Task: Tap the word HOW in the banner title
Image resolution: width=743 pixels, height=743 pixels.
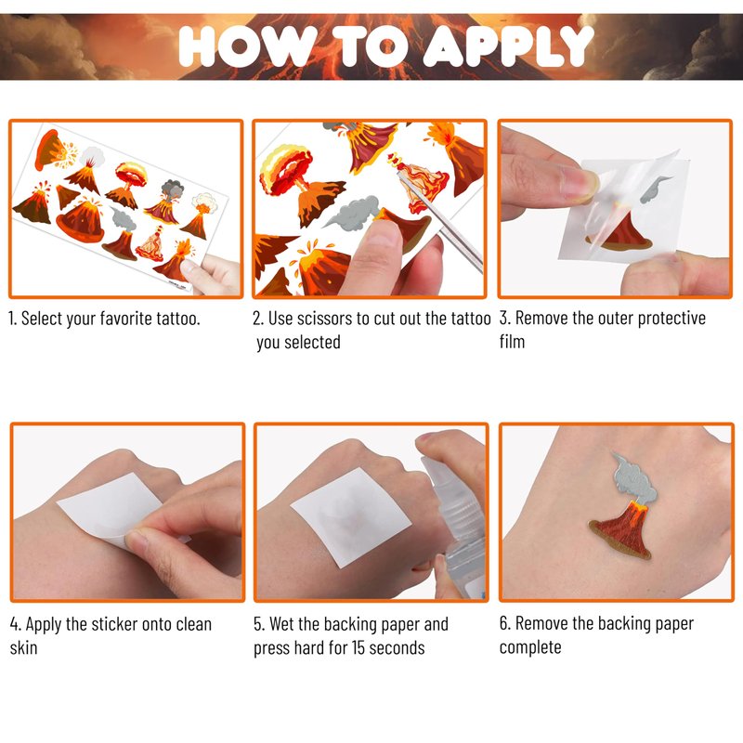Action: coord(249,46)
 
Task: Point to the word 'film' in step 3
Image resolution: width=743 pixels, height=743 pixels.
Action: coord(512,341)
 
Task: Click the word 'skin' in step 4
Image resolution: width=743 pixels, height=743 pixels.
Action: coord(23,647)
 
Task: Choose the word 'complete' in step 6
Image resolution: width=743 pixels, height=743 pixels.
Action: coord(530,647)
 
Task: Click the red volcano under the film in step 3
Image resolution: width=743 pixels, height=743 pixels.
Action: coord(620,232)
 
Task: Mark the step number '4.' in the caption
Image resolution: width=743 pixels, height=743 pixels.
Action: coord(15,624)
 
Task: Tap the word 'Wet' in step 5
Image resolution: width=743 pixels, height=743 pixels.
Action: coord(281,624)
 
